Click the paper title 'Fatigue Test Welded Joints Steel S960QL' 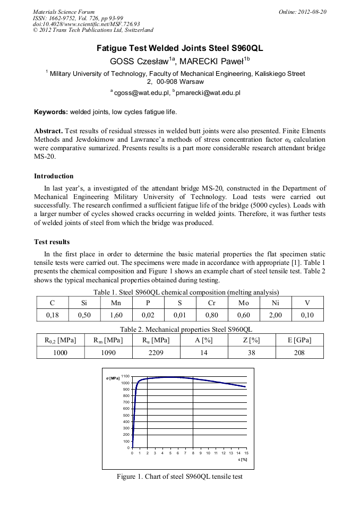click(179, 48)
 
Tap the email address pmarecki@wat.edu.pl click(208, 92)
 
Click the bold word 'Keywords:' click(50, 112)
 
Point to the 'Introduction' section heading click(54, 176)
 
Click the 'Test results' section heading click(52, 242)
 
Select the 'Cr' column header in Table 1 click(212, 303)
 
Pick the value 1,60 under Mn click(116, 315)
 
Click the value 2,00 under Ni click(275, 315)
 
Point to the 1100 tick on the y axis click(125, 376)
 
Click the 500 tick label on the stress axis click(126, 415)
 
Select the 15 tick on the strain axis click(246, 453)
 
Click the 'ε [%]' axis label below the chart click(243, 460)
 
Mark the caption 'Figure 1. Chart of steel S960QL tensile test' click(179, 477)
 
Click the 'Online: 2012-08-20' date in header click(303, 12)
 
